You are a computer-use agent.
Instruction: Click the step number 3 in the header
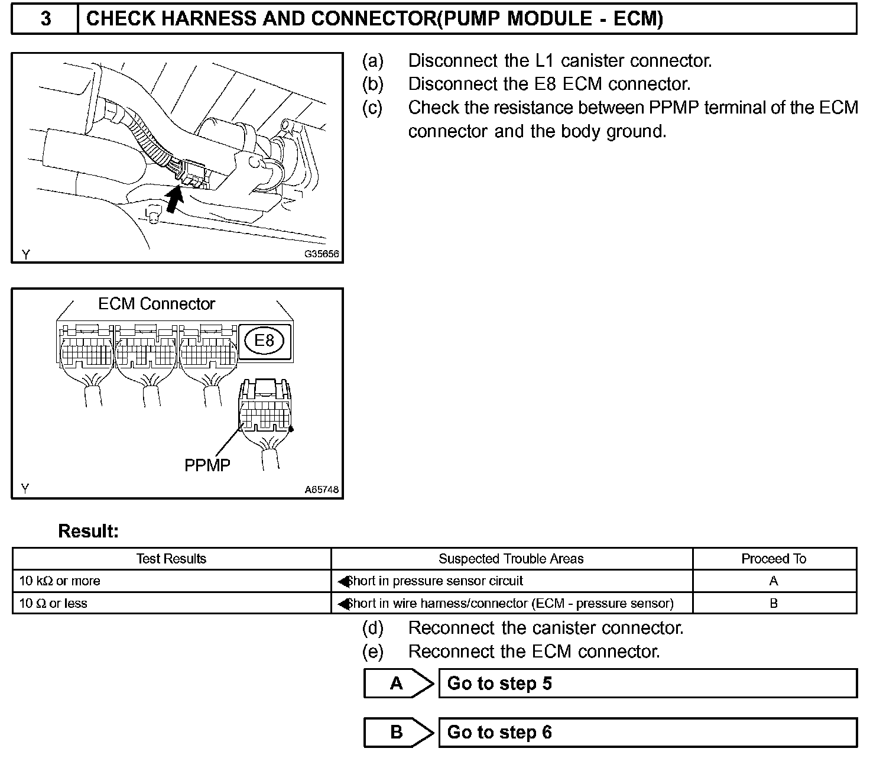pyautogui.click(x=46, y=19)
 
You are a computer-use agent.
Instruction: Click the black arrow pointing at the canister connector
pyautogui.click(x=173, y=199)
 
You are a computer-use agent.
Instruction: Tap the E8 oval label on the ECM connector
pyautogui.click(x=264, y=341)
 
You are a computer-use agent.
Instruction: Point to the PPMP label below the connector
pyautogui.click(x=207, y=465)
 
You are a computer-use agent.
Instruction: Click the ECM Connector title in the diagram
pyautogui.click(x=157, y=304)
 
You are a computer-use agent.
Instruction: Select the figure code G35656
pyautogui.click(x=322, y=254)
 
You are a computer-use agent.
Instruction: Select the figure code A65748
pyautogui.click(x=322, y=490)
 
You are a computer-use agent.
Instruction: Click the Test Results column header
pyautogui.click(x=171, y=559)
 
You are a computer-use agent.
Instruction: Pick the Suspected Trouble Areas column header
pyautogui.click(x=511, y=559)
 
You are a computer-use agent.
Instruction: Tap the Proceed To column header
pyautogui.click(x=774, y=559)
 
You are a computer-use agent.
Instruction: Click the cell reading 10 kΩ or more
pyautogui.click(x=60, y=581)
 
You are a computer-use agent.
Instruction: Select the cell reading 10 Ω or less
pyautogui.click(x=53, y=604)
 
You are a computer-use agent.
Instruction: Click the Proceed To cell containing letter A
pyautogui.click(x=774, y=581)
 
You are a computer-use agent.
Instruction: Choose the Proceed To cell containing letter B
pyautogui.click(x=774, y=604)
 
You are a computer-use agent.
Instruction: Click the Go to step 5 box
pyautogui.click(x=647, y=684)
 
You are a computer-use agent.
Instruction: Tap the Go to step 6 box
pyautogui.click(x=647, y=733)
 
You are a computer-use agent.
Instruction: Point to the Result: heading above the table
pyautogui.click(x=89, y=532)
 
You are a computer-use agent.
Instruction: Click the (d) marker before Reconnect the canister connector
pyautogui.click(x=373, y=627)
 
